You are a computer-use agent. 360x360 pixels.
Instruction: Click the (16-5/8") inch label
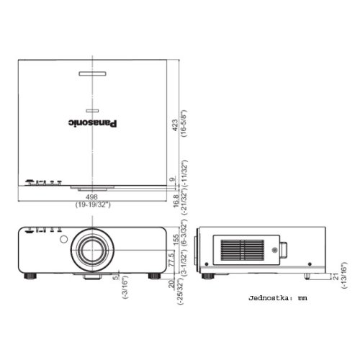coord(184,126)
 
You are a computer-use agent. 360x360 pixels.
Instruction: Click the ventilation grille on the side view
coord(242,251)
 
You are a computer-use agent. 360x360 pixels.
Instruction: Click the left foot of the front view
coord(32,274)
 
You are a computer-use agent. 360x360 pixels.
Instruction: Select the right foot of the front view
coord(154,274)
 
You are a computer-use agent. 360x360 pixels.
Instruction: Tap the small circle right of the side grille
coord(274,251)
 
